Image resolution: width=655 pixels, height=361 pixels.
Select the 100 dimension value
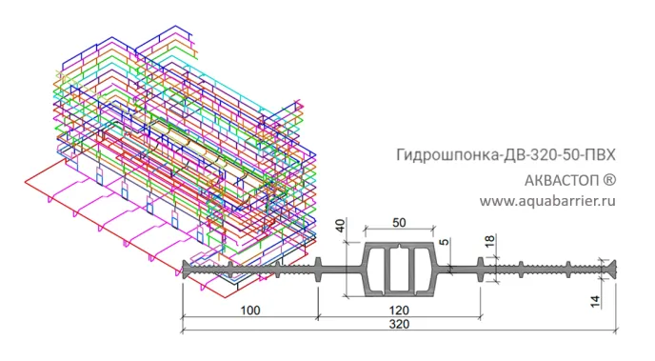[x=249, y=310]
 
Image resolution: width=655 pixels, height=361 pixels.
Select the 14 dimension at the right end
[x=594, y=301]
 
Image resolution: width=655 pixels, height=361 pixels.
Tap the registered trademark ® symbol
[x=609, y=179]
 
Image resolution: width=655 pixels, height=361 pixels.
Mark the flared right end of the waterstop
[x=608, y=268]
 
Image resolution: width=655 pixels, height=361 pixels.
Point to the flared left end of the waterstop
[x=187, y=269]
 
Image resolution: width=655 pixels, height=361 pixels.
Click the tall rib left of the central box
[x=317, y=268]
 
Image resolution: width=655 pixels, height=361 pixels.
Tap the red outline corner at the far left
[x=21, y=181]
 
